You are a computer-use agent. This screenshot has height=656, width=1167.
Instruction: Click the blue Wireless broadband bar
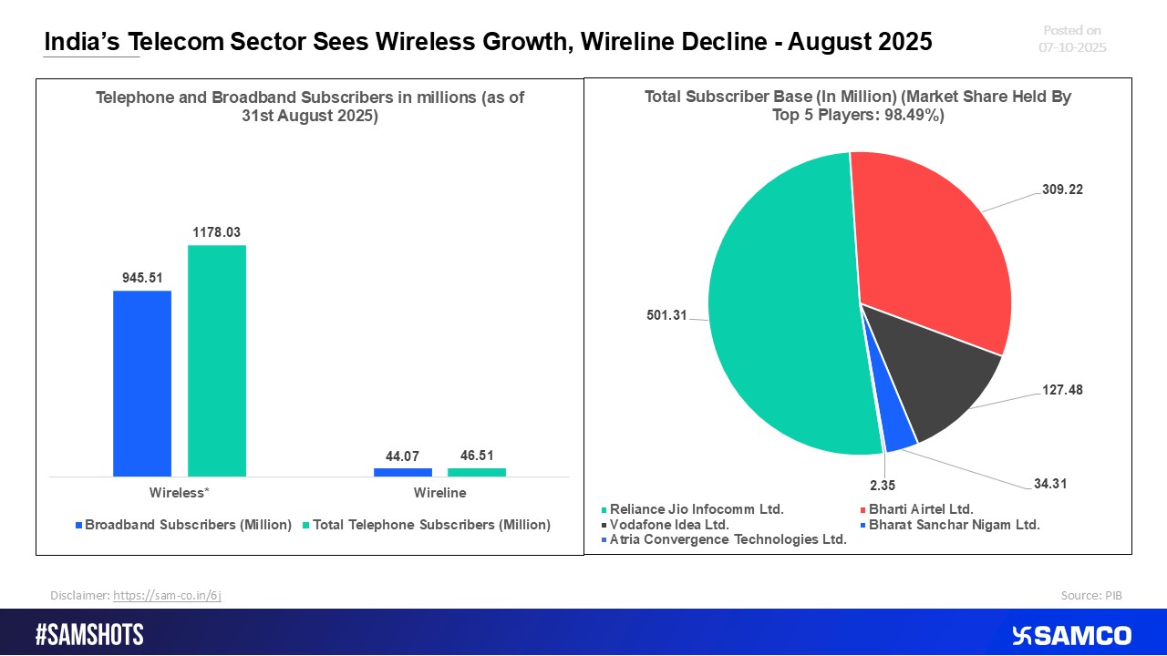click(142, 383)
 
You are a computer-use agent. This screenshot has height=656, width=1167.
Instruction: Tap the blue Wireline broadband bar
click(402, 472)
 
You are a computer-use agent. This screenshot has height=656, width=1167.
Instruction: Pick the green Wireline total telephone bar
click(477, 472)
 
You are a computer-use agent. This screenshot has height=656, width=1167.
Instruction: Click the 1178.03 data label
click(217, 232)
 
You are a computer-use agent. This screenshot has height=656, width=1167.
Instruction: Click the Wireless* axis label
click(180, 493)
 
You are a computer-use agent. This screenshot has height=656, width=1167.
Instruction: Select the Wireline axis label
click(439, 493)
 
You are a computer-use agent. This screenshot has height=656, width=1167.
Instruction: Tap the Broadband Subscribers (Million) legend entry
click(188, 525)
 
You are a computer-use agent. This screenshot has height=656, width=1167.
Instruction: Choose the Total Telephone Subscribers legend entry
click(431, 525)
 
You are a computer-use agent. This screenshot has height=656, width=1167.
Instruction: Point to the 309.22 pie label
click(1062, 190)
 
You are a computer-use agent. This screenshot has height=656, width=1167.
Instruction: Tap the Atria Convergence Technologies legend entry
click(728, 538)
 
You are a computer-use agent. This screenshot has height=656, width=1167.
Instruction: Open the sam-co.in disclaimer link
click(167, 595)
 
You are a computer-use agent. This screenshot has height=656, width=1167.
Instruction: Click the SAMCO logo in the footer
click(1071, 635)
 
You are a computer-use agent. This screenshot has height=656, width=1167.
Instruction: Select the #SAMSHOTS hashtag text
click(89, 635)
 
